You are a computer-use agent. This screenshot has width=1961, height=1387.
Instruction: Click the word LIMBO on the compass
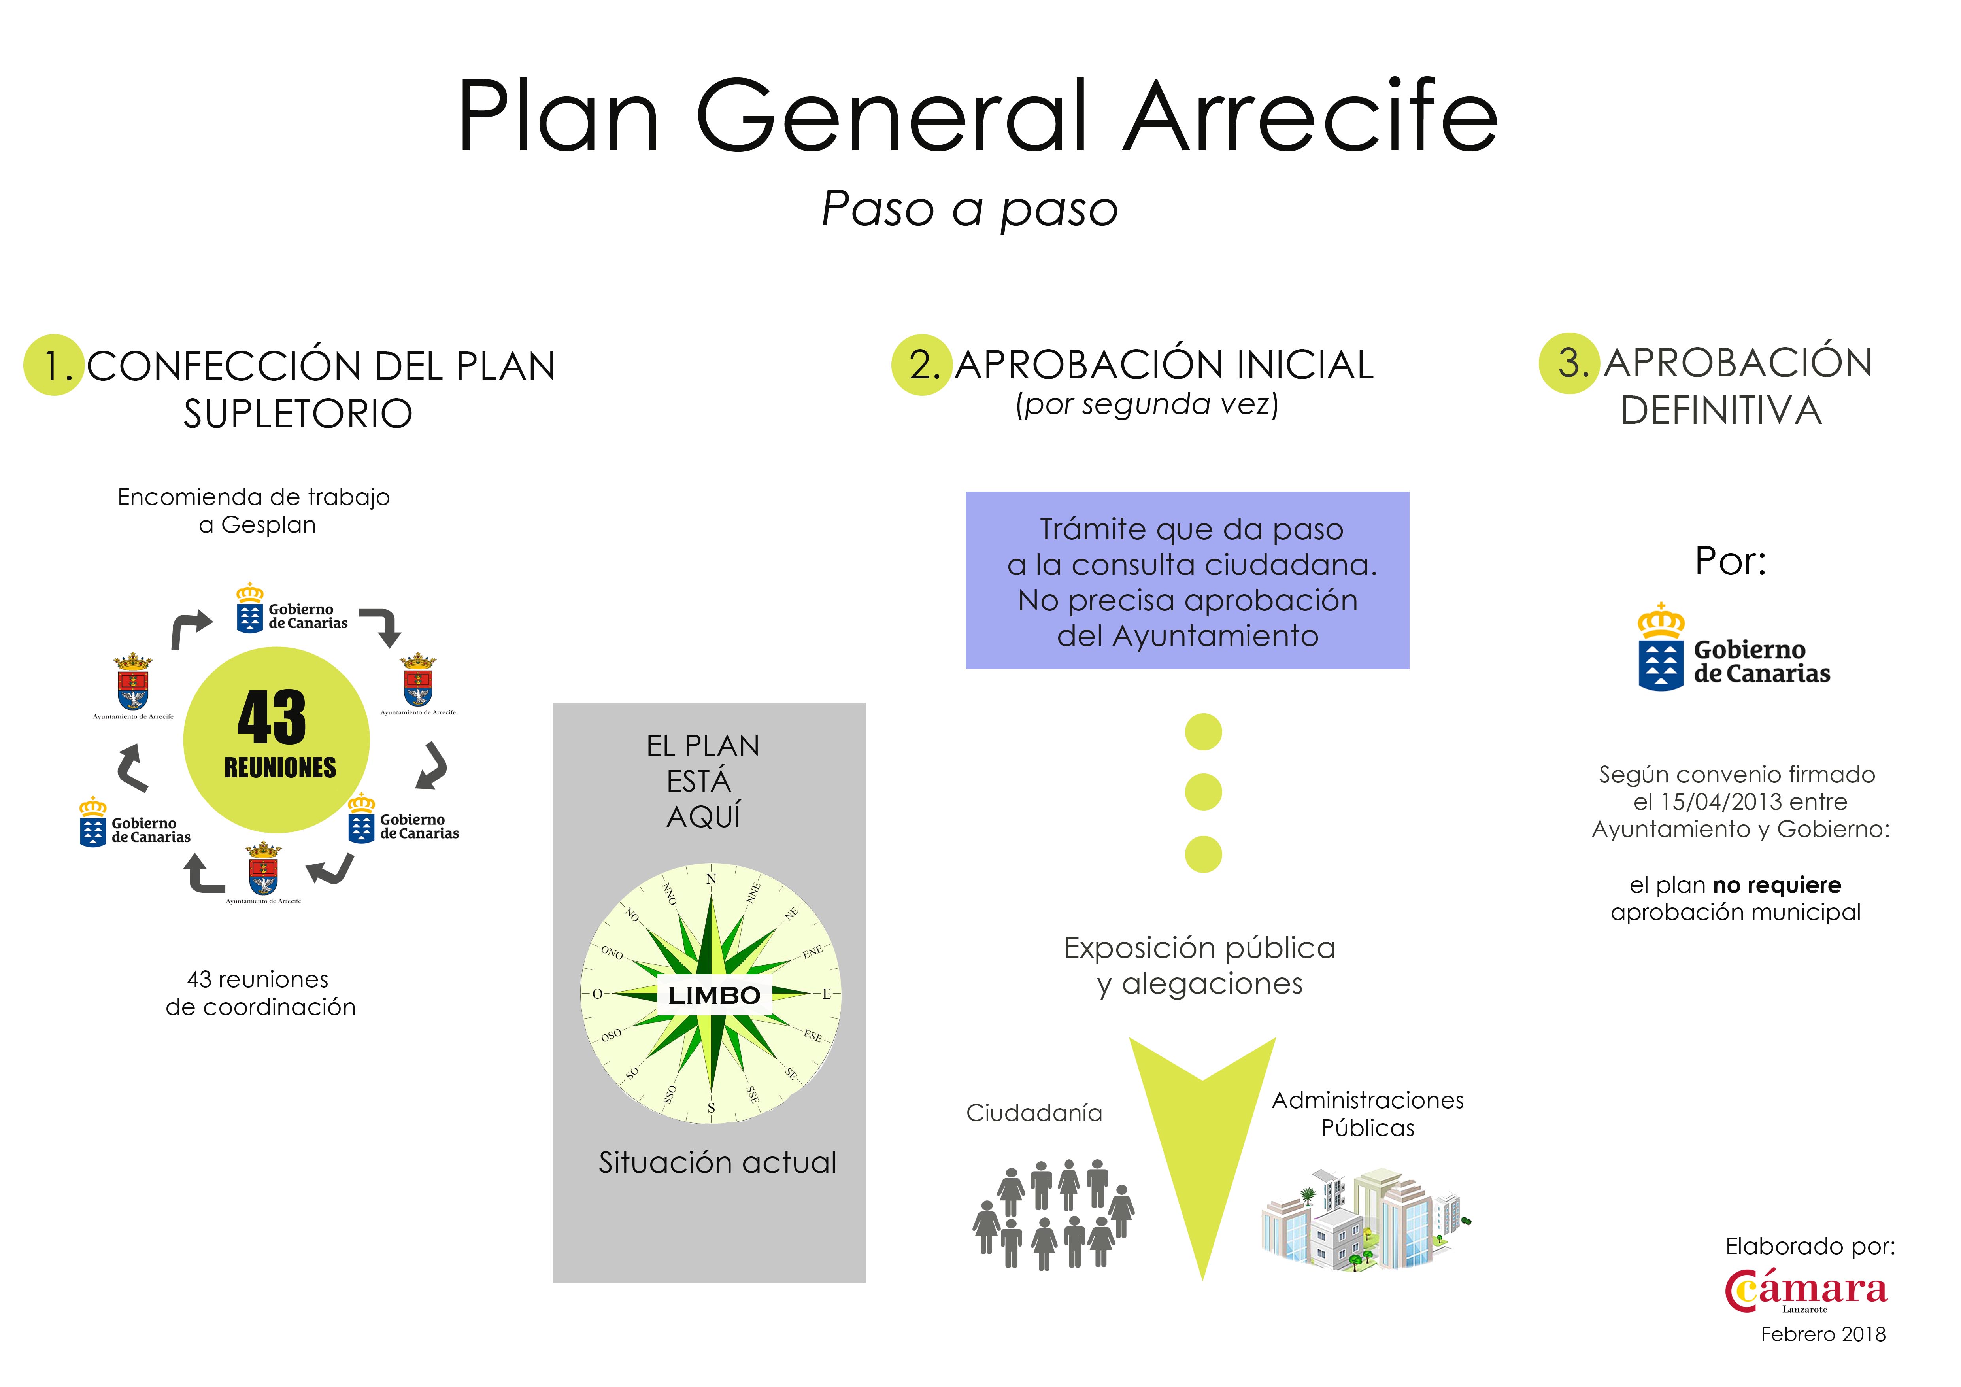pos(714,996)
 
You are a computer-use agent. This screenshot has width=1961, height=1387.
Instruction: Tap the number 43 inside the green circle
pos(272,717)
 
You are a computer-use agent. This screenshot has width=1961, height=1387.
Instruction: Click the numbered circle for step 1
pos(53,365)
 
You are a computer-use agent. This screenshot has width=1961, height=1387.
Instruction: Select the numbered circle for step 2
pos(921,365)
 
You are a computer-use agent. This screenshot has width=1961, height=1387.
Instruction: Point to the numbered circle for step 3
pos(1569,363)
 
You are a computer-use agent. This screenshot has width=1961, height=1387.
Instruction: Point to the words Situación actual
pos(717,1162)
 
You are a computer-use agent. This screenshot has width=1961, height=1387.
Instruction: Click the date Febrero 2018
pos(1823,1334)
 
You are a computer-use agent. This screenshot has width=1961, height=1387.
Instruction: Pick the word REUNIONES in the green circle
pos(280,768)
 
